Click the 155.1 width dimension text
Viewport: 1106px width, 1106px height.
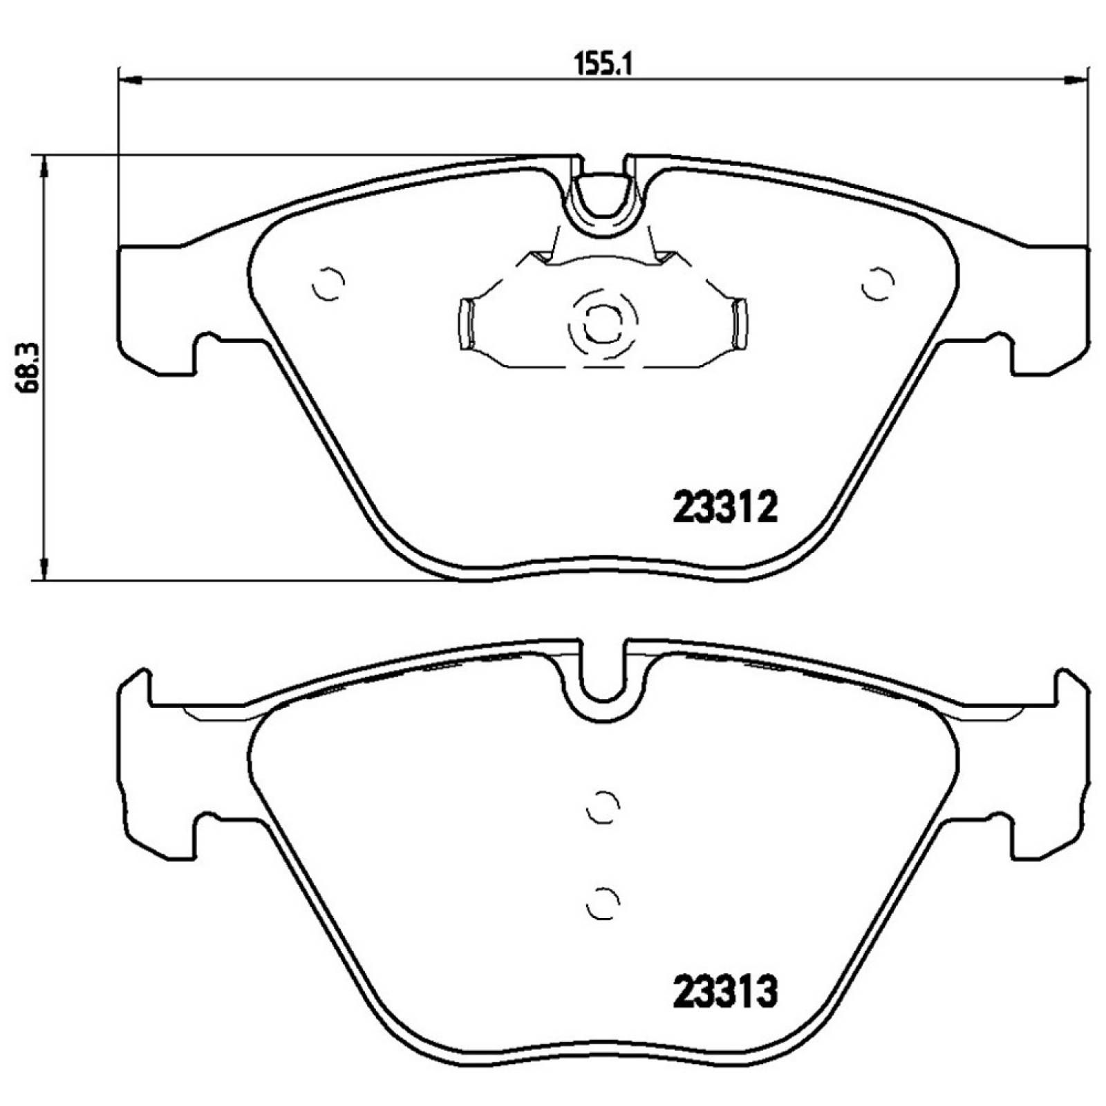click(x=603, y=65)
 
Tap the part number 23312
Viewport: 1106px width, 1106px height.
click(x=725, y=508)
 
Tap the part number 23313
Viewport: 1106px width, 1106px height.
click(x=725, y=993)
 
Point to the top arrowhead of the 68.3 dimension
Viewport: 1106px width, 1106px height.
click(x=44, y=166)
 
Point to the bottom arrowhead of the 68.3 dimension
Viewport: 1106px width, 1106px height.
click(x=44, y=568)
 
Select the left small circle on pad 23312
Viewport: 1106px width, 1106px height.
click(x=328, y=283)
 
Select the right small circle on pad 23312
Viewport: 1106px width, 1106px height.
click(x=878, y=283)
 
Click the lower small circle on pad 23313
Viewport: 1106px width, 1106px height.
click(x=602, y=903)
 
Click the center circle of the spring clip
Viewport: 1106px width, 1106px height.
click(x=602, y=321)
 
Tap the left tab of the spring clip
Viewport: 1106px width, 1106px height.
click(x=466, y=324)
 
